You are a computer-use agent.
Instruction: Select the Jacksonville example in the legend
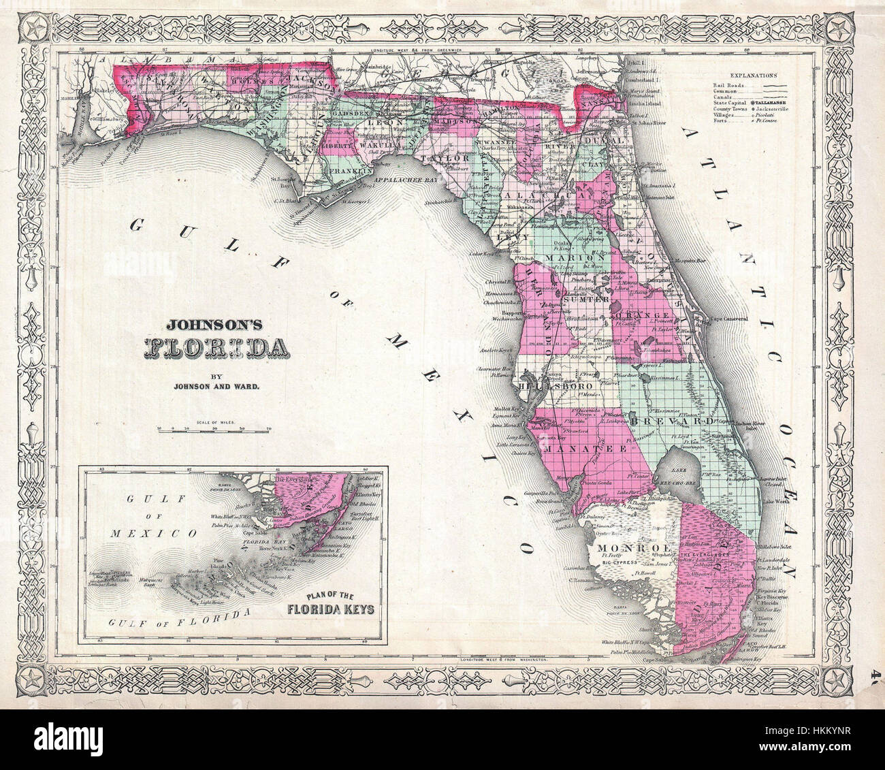click(771, 108)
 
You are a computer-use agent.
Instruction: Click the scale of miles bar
click(214, 429)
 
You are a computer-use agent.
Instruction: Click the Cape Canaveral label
click(729, 319)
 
